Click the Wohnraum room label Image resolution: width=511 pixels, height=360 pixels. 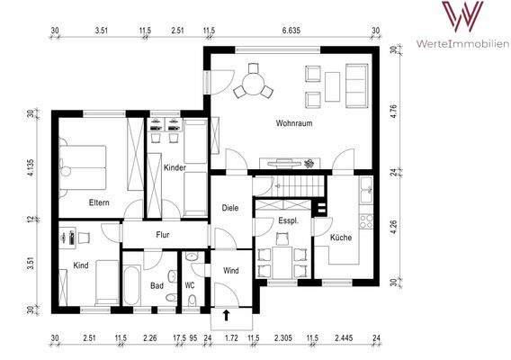click(294, 123)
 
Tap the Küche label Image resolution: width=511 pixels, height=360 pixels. click(341, 238)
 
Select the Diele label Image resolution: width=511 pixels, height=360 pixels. click(230, 208)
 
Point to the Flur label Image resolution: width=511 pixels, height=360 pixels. click(163, 235)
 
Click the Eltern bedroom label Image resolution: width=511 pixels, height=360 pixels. click(99, 202)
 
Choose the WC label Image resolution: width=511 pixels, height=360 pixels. click(190, 285)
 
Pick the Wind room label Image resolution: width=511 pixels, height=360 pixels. click(230, 270)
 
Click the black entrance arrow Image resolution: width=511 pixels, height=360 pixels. click(226, 315)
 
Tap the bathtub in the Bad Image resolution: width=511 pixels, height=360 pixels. click(132, 285)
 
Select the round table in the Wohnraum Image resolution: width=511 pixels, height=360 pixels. click(254, 84)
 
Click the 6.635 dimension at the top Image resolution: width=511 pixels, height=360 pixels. click(291, 31)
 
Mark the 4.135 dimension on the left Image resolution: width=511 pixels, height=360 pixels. click(31, 169)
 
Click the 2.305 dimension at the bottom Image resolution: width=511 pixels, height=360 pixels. click(282, 338)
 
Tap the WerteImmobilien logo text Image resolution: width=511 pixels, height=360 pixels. click(463, 43)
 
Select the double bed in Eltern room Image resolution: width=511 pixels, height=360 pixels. click(83, 167)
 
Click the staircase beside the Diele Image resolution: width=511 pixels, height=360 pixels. click(289, 186)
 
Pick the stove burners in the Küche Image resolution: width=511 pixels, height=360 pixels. click(366, 221)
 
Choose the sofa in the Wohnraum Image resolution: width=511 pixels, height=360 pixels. click(357, 85)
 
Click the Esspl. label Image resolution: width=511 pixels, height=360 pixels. click(289, 220)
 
